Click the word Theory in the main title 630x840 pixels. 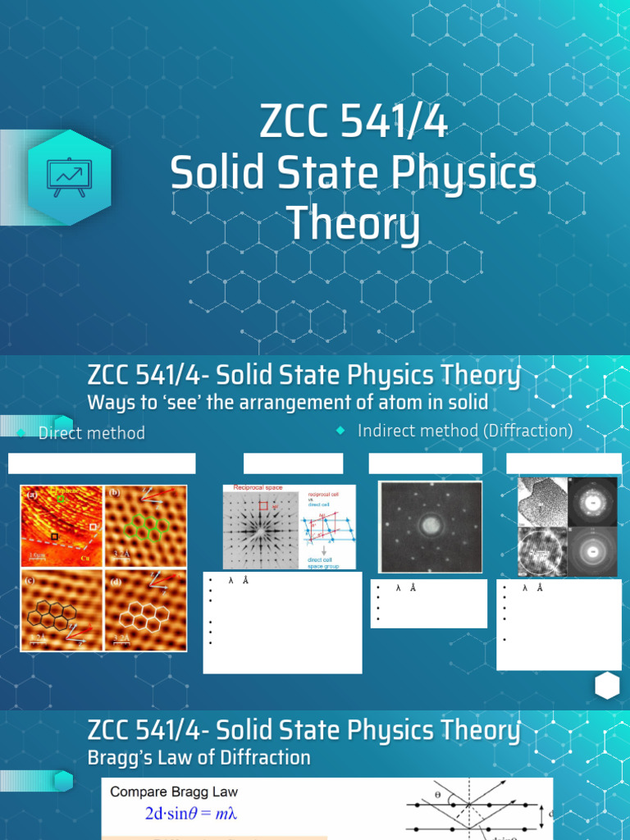point(353,225)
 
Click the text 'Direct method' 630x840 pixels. point(92,433)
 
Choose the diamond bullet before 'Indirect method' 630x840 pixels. point(340,431)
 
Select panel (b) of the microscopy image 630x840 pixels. point(146,525)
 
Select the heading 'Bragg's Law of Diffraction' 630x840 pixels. point(199,758)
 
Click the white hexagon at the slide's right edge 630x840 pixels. point(607,687)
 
